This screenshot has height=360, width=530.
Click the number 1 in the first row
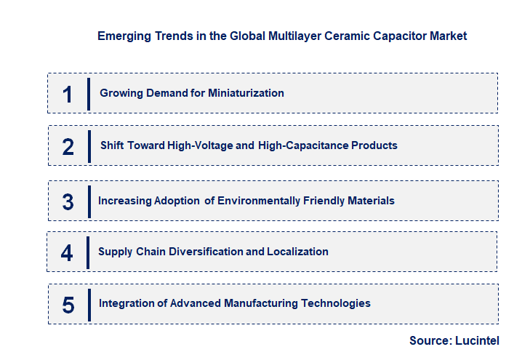pyautogui.click(x=68, y=94)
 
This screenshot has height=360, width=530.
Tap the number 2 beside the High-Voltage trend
pyautogui.click(x=68, y=146)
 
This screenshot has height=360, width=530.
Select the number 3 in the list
pyautogui.click(x=68, y=201)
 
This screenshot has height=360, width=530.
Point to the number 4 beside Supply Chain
pyautogui.click(x=68, y=252)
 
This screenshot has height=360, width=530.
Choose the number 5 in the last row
pyautogui.click(x=68, y=304)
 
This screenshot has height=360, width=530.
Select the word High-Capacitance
pyautogui.click(x=302, y=145)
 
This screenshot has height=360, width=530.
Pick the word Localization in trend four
pyautogui.click(x=297, y=252)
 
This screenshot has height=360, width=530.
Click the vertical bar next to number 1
pyautogui.click(x=89, y=94)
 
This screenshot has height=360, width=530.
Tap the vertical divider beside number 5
pyautogui.click(x=89, y=304)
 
